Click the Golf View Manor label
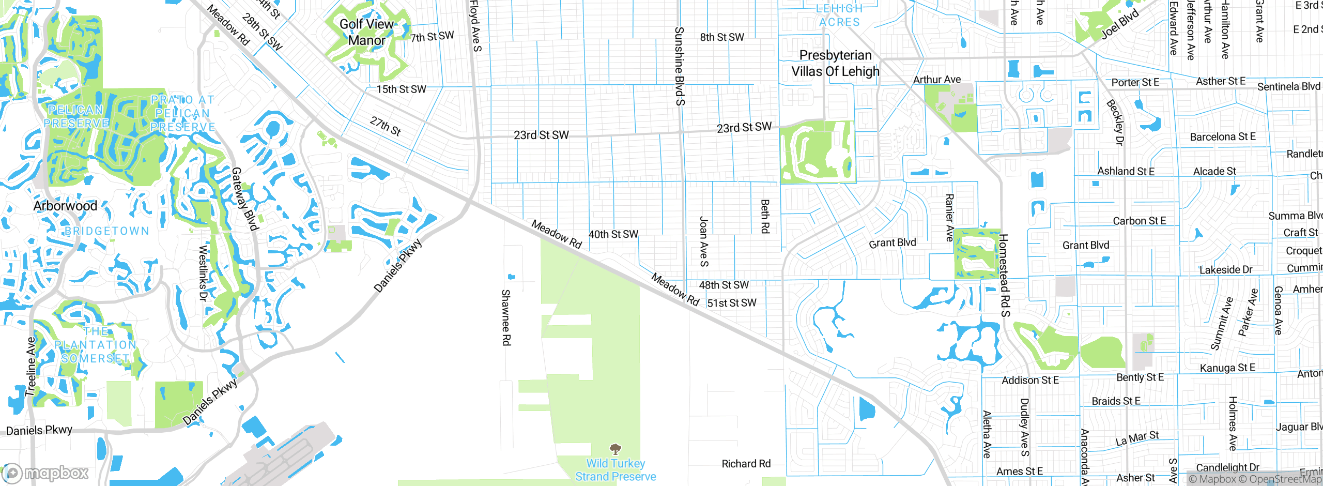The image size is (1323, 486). point(366,32)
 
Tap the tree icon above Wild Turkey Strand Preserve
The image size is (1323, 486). point(615,448)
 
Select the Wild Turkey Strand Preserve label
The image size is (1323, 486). point(616,470)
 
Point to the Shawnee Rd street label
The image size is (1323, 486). point(506,317)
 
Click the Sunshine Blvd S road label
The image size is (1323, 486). point(680,66)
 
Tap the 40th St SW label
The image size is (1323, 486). point(613,234)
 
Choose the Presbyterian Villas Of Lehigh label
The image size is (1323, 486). point(835,63)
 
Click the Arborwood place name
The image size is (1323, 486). point(65,206)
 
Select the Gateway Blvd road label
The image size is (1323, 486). point(244,199)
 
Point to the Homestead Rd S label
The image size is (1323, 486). point(1004,275)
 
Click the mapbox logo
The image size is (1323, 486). point(45,473)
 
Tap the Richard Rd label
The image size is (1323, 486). point(746,464)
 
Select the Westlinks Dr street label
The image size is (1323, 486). point(203,274)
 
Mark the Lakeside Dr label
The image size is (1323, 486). point(1225,270)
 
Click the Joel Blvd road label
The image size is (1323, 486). point(1120,24)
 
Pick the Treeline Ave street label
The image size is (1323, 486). point(32,367)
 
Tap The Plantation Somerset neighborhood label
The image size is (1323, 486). point(96,345)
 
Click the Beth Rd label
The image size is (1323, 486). point(765,216)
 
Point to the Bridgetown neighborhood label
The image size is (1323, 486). point(107,231)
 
